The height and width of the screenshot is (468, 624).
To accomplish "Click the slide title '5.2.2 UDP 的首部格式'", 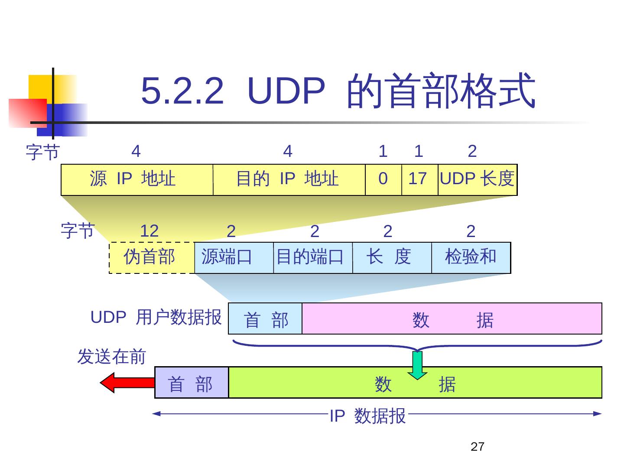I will [338, 91].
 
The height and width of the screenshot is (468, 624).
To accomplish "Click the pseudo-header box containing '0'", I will [383, 179].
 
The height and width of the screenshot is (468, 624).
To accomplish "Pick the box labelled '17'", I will [419, 179].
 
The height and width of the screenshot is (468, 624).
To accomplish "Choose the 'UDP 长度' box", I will [477, 179].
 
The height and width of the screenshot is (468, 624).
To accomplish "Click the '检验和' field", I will [471, 257].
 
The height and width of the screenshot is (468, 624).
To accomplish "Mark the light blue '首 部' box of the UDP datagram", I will [265, 318].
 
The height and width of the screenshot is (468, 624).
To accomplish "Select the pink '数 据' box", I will [452, 318].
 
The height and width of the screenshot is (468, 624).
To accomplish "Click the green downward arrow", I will [417, 365].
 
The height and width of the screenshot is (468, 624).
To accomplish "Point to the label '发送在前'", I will [111, 357].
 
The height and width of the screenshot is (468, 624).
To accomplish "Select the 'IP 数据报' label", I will [367, 416].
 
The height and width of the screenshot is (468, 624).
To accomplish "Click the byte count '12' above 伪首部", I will [149, 231].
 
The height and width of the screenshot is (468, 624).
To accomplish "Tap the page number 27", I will [477, 447].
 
